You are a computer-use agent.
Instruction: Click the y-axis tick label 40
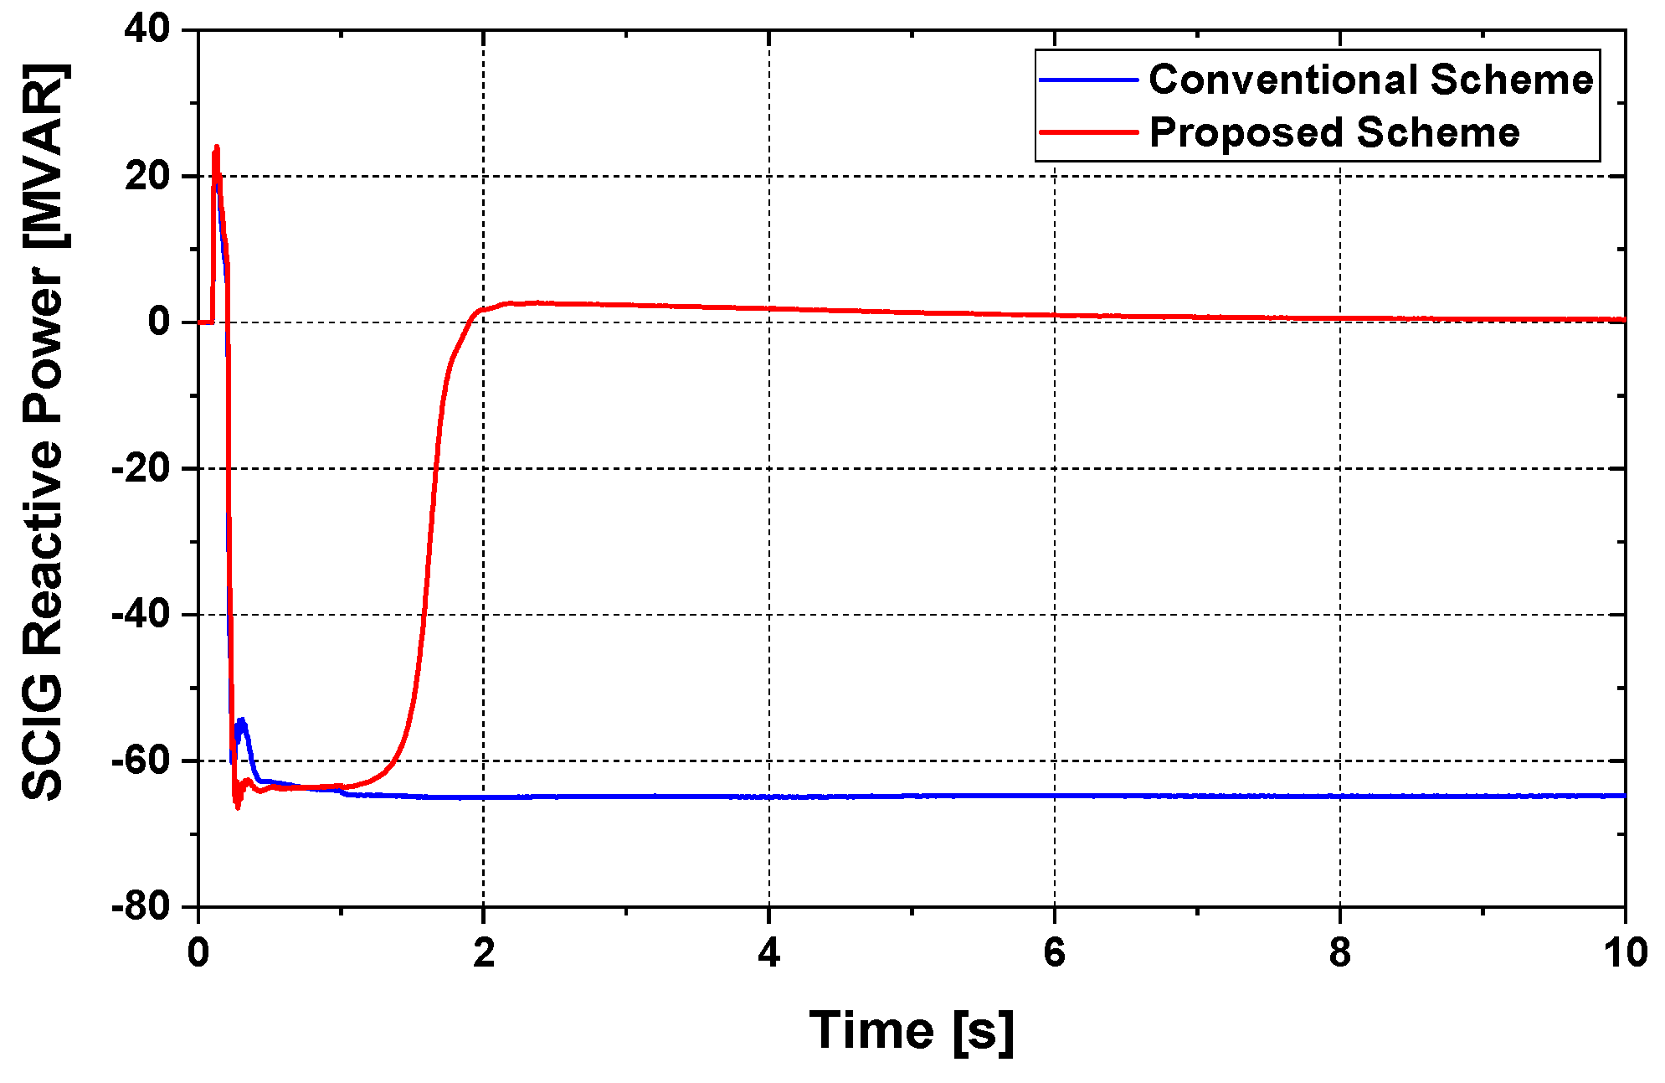point(146,29)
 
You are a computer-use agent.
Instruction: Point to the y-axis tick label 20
point(146,176)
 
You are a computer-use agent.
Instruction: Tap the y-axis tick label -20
point(141,468)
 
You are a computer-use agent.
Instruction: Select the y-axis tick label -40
point(141,614)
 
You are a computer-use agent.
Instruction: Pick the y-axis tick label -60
point(141,761)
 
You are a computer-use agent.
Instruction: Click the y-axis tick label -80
point(141,906)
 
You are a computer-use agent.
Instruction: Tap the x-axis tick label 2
point(484,953)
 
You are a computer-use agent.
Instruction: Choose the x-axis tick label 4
point(769,953)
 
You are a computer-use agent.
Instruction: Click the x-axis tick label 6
point(1055,953)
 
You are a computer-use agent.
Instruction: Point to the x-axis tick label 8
point(1340,953)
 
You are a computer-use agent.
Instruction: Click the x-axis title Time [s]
point(912,1030)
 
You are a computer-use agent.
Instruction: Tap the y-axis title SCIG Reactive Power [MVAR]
point(44,431)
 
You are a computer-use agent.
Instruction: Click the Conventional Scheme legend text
point(1370,80)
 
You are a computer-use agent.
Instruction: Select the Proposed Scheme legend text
point(1334,132)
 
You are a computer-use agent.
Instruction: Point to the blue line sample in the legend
point(1089,80)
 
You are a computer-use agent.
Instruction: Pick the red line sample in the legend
point(1089,132)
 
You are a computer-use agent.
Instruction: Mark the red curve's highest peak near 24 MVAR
point(217,147)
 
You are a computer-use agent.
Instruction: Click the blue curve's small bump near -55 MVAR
point(242,721)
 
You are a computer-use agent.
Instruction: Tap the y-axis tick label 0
point(158,322)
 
